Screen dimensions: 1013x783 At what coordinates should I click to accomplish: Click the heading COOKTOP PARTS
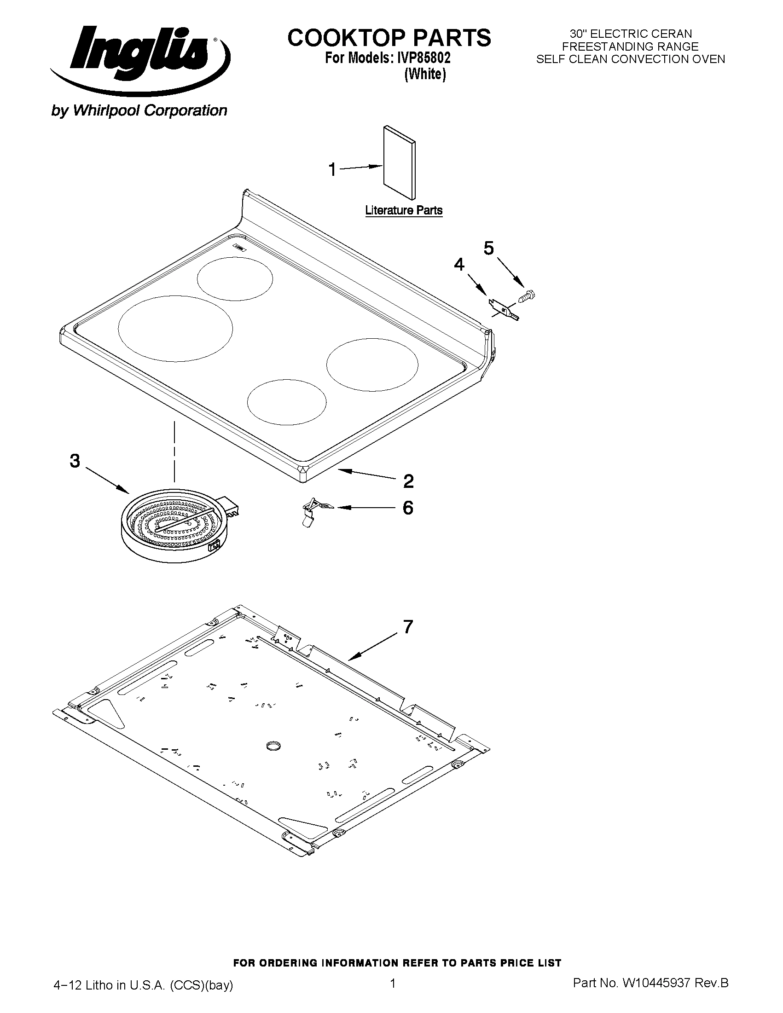coord(389,38)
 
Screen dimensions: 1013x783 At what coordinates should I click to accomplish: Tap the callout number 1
coord(332,170)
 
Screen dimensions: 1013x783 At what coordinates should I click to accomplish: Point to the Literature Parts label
coord(404,210)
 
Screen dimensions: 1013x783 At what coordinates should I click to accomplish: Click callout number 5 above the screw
coord(489,249)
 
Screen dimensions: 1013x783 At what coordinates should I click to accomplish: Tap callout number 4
coord(459,265)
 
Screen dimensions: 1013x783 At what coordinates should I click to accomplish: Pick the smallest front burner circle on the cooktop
coord(287,402)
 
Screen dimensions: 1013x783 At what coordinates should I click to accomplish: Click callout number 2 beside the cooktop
coord(408,481)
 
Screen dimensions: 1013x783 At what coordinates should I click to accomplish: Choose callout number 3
coord(75,461)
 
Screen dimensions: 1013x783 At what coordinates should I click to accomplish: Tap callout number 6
coord(408,508)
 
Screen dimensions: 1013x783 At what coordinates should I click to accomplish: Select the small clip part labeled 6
coord(314,512)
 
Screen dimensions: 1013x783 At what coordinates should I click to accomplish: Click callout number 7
coord(408,627)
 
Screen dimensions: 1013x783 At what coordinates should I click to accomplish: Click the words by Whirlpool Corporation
coord(139,110)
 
